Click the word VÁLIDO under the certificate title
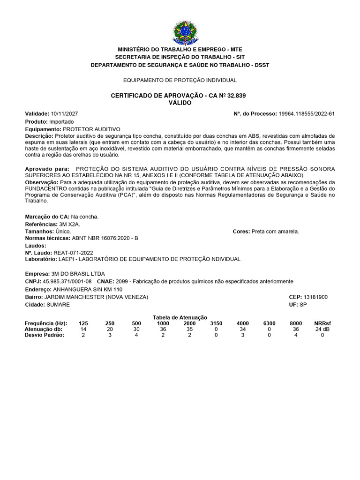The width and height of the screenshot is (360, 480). point(180,103)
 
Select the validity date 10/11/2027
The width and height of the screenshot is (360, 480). point(65,114)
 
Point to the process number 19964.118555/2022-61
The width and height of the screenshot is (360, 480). point(307,114)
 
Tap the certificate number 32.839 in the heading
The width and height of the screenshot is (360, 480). point(236,96)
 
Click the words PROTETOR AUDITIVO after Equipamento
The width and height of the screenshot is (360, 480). point(91,129)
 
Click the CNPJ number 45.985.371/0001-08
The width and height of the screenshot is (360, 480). point(67,281)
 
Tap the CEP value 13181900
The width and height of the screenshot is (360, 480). point(316,297)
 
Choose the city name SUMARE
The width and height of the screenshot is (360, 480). point(58,305)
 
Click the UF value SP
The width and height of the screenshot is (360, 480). point(304,305)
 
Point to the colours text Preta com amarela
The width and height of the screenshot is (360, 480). point(275,232)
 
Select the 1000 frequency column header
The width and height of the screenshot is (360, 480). point(163,323)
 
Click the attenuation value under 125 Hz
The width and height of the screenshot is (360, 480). point(83,329)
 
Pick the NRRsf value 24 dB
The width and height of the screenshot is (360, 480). point(322,329)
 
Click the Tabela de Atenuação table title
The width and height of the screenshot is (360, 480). point(180,317)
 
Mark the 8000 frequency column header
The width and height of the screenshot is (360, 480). point(296,323)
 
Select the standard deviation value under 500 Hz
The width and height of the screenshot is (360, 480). point(136,335)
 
